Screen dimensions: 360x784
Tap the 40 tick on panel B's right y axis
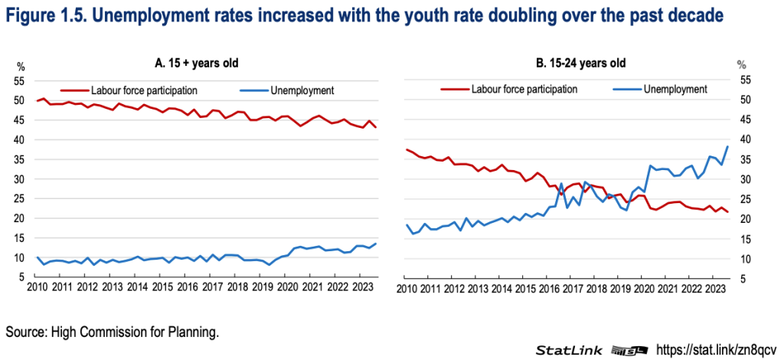pos(742,140)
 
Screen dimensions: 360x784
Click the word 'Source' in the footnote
pos(25,332)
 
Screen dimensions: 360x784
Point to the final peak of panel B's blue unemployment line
pos(727,147)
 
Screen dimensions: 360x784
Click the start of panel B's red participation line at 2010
pos(407,149)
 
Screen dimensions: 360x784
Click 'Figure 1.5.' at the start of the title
pos(47,15)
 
